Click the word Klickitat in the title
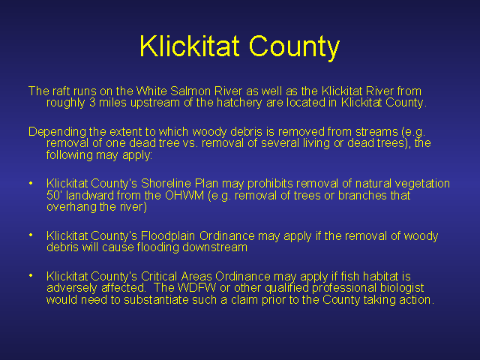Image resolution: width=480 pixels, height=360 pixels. tap(189, 46)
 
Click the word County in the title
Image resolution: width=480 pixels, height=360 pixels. tap(295, 48)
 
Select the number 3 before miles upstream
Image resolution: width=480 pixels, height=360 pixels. tap(92, 103)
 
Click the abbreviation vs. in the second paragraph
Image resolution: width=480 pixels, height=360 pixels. tap(190, 143)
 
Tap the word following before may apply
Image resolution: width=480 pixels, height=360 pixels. tap(70, 155)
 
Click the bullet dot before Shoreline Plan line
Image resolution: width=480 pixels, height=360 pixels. tap(31, 183)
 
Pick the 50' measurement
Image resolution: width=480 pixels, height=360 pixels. tap(54, 195)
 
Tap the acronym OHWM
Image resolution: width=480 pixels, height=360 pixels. tap(184, 195)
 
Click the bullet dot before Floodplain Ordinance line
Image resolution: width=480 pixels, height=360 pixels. tap(31, 235)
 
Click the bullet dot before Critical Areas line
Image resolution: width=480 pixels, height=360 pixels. tap(31, 275)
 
